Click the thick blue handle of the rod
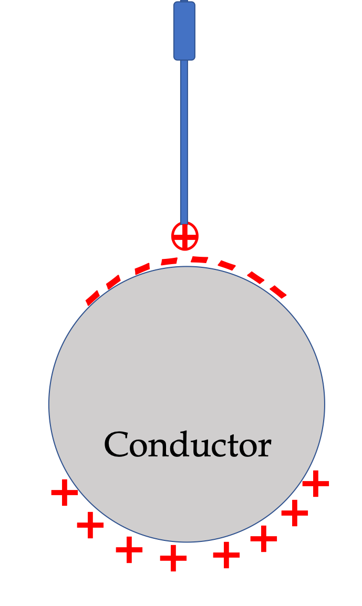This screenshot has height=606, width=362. [184, 31]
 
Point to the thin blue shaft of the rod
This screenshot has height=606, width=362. [184, 141]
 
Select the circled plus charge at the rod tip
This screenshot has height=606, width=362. [185, 236]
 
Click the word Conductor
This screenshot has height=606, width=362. [188, 444]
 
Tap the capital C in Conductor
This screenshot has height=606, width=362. [116, 444]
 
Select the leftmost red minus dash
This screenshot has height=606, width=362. [92, 298]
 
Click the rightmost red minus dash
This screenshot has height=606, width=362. [278, 291]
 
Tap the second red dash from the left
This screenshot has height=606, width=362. [113, 281]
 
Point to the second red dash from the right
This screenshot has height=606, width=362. [255, 277]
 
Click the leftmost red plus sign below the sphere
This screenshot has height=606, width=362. [65, 493]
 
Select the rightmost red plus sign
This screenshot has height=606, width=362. [316, 484]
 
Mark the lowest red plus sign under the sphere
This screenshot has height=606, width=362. [173, 558]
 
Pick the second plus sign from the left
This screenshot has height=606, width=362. [90, 525]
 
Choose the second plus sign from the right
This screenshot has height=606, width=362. [295, 513]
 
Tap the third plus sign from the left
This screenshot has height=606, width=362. [129, 550]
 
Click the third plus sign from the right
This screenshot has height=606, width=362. [264, 538]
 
